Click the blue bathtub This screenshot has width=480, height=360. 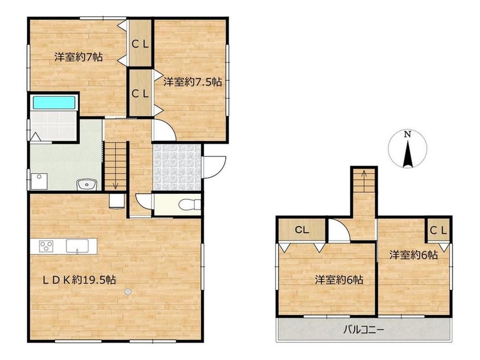(x=54, y=102)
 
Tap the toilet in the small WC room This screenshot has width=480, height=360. (x=190, y=204)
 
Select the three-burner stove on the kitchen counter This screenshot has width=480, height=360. (x=46, y=246)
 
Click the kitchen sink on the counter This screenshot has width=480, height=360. (x=77, y=246)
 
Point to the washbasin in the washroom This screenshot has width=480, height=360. (x=86, y=185)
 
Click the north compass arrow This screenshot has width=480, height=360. (x=407, y=155)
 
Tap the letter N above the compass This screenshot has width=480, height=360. (x=407, y=134)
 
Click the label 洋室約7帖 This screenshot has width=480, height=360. (x=79, y=57)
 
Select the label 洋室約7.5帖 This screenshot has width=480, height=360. (x=192, y=82)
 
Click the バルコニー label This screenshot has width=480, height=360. (x=364, y=330)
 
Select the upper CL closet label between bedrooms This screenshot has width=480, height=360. (x=140, y=44)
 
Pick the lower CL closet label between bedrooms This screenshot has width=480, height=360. (x=140, y=94)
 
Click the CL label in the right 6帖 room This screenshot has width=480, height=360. (x=439, y=230)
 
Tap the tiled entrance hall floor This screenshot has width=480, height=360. (x=177, y=168)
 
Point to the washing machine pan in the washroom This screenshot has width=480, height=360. (x=39, y=181)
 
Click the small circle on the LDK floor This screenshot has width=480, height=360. (x=128, y=291)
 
